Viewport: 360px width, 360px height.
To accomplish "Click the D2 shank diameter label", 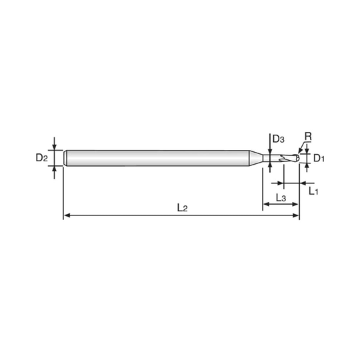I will [41, 158].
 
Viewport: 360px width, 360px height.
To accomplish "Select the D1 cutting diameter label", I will [318, 158].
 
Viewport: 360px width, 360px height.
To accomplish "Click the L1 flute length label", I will [314, 191].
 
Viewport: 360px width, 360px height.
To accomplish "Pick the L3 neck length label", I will [280, 199].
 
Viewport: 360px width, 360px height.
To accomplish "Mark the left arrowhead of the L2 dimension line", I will [65, 215].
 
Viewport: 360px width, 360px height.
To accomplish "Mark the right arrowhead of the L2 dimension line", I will [297, 215].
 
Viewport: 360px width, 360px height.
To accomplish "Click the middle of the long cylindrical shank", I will [160, 158].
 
